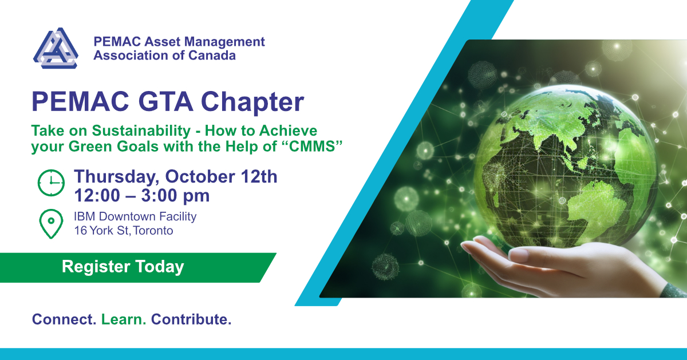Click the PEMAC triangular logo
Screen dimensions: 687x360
click(56, 48)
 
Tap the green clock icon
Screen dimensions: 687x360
click(51, 183)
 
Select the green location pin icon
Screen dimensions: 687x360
click(51, 224)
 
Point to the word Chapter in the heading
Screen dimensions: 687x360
click(252, 102)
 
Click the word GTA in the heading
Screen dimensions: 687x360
click(165, 101)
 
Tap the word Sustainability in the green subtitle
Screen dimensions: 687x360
click(141, 131)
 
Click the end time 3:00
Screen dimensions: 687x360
click(159, 195)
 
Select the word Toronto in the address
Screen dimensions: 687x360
click(153, 231)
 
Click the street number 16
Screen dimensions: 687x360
click(80, 231)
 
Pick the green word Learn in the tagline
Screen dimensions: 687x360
click(124, 319)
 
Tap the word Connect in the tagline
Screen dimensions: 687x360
click(64, 319)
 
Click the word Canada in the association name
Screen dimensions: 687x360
click(212, 56)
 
